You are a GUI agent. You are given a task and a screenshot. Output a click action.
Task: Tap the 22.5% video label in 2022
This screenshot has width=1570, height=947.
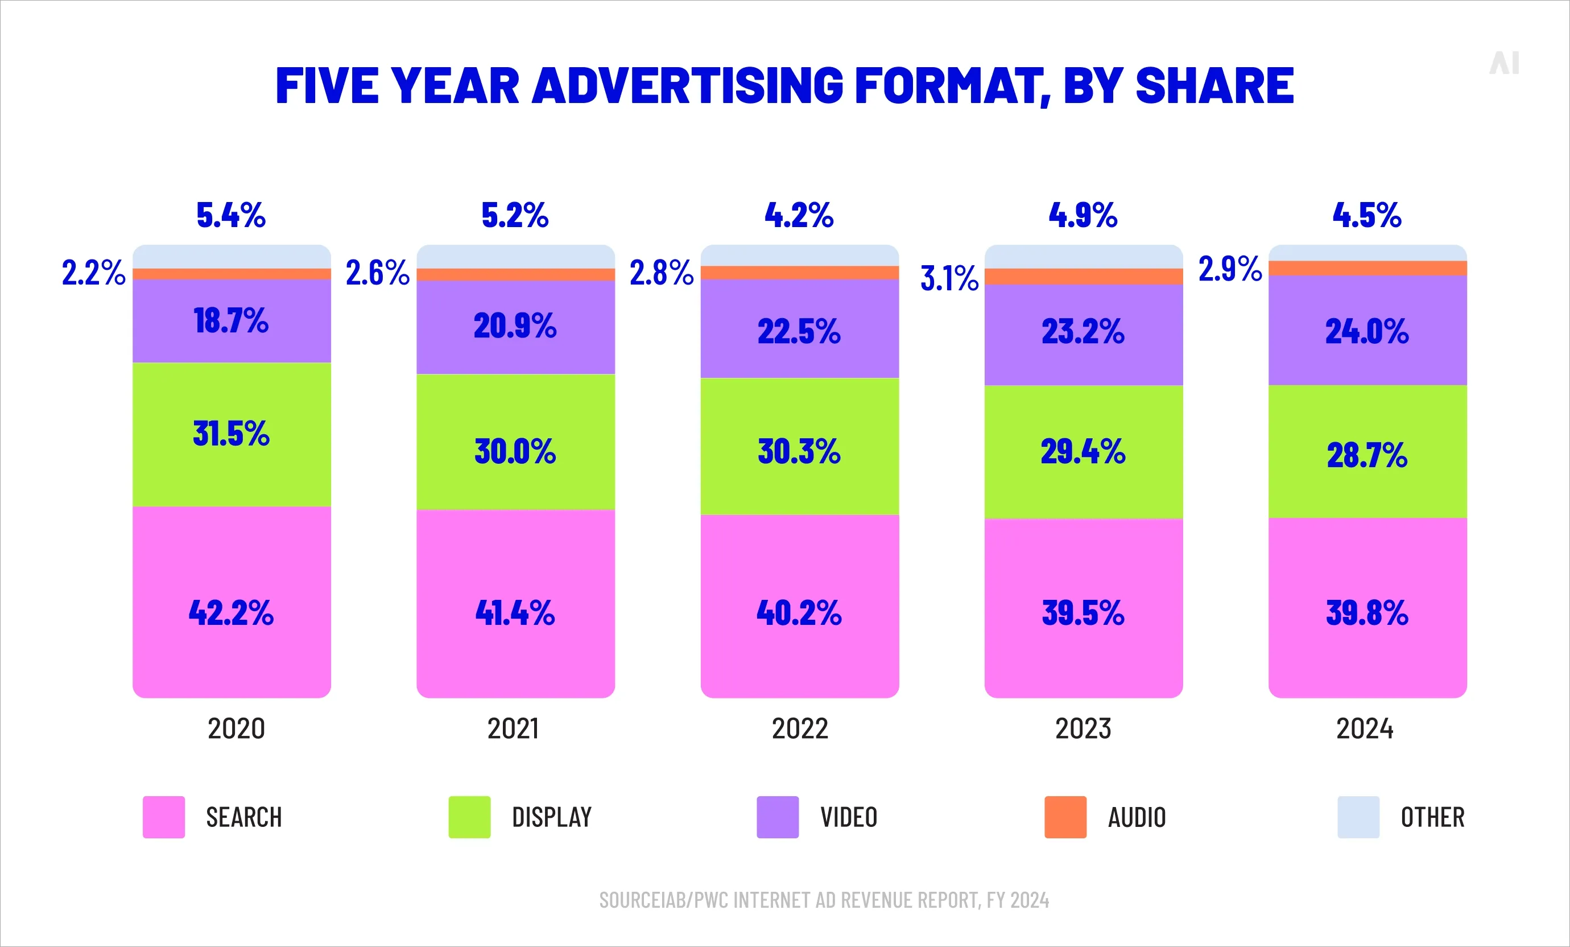tap(799, 331)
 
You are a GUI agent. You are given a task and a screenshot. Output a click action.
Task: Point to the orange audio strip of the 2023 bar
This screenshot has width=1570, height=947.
tap(1083, 277)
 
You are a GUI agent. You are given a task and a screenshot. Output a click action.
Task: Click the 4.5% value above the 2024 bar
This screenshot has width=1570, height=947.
tap(1367, 215)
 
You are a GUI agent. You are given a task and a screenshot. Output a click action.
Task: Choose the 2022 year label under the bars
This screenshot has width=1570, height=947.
tap(800, 728)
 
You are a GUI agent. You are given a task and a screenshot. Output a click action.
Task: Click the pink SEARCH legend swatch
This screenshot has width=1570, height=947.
tap(164, 817)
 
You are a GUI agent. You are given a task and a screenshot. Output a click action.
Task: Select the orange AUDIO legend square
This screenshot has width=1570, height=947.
tap(1065, 817)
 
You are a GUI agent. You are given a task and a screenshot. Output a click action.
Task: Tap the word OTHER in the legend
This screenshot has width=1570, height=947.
tap(1432, 817)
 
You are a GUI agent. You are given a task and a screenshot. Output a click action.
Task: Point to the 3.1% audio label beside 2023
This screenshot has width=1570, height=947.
tap(949, 279)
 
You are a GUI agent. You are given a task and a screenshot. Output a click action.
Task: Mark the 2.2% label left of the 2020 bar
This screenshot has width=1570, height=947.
tap(93, 273)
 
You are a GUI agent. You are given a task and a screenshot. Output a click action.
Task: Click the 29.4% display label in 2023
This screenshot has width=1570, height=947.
tap(1083, 452)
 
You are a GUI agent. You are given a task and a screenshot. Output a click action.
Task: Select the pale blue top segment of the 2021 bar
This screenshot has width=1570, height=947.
tap(515, 256)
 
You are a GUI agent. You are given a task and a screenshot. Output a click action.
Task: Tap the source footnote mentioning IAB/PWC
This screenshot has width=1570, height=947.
tap(823, 900)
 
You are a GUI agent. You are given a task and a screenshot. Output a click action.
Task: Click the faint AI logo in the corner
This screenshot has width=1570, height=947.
tap(1505, 63)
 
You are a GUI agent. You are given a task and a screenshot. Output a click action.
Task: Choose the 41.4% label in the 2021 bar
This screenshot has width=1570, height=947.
tap(515, 613)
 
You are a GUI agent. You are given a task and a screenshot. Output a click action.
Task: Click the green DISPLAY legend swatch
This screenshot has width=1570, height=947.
tap(470, 817)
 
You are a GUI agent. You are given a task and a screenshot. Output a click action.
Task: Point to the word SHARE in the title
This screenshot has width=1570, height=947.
tap(1214, 86)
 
